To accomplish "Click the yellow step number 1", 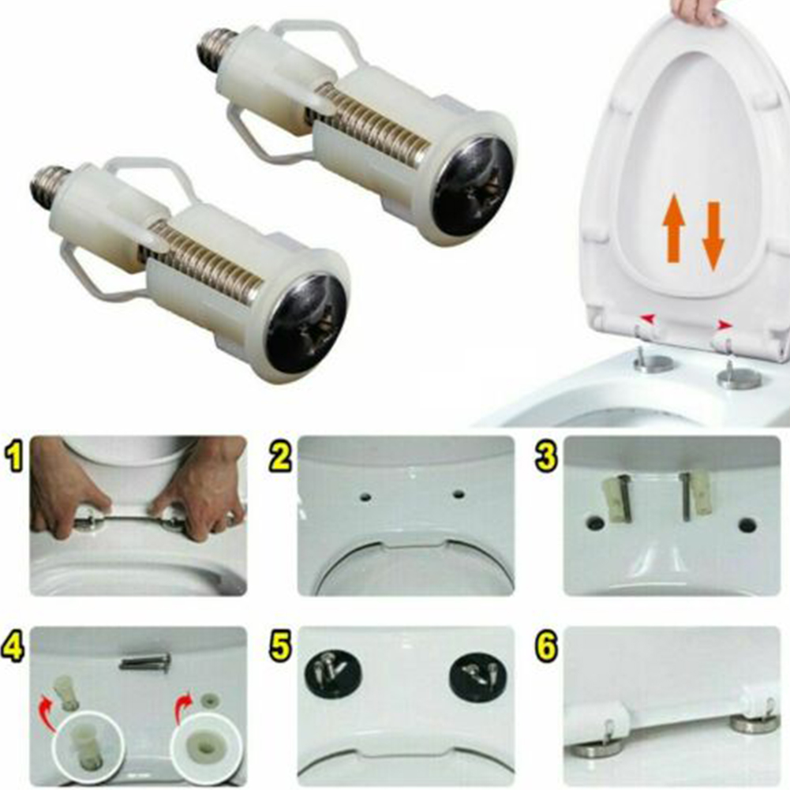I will [14, 459].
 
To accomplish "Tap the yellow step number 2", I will [279, 459].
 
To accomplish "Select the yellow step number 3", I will [545, 459].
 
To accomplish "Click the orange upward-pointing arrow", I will [673, 229].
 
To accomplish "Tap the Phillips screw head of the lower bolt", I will [306, 324].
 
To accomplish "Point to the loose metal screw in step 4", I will [145, 662].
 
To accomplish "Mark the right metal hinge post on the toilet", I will [739, 375].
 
